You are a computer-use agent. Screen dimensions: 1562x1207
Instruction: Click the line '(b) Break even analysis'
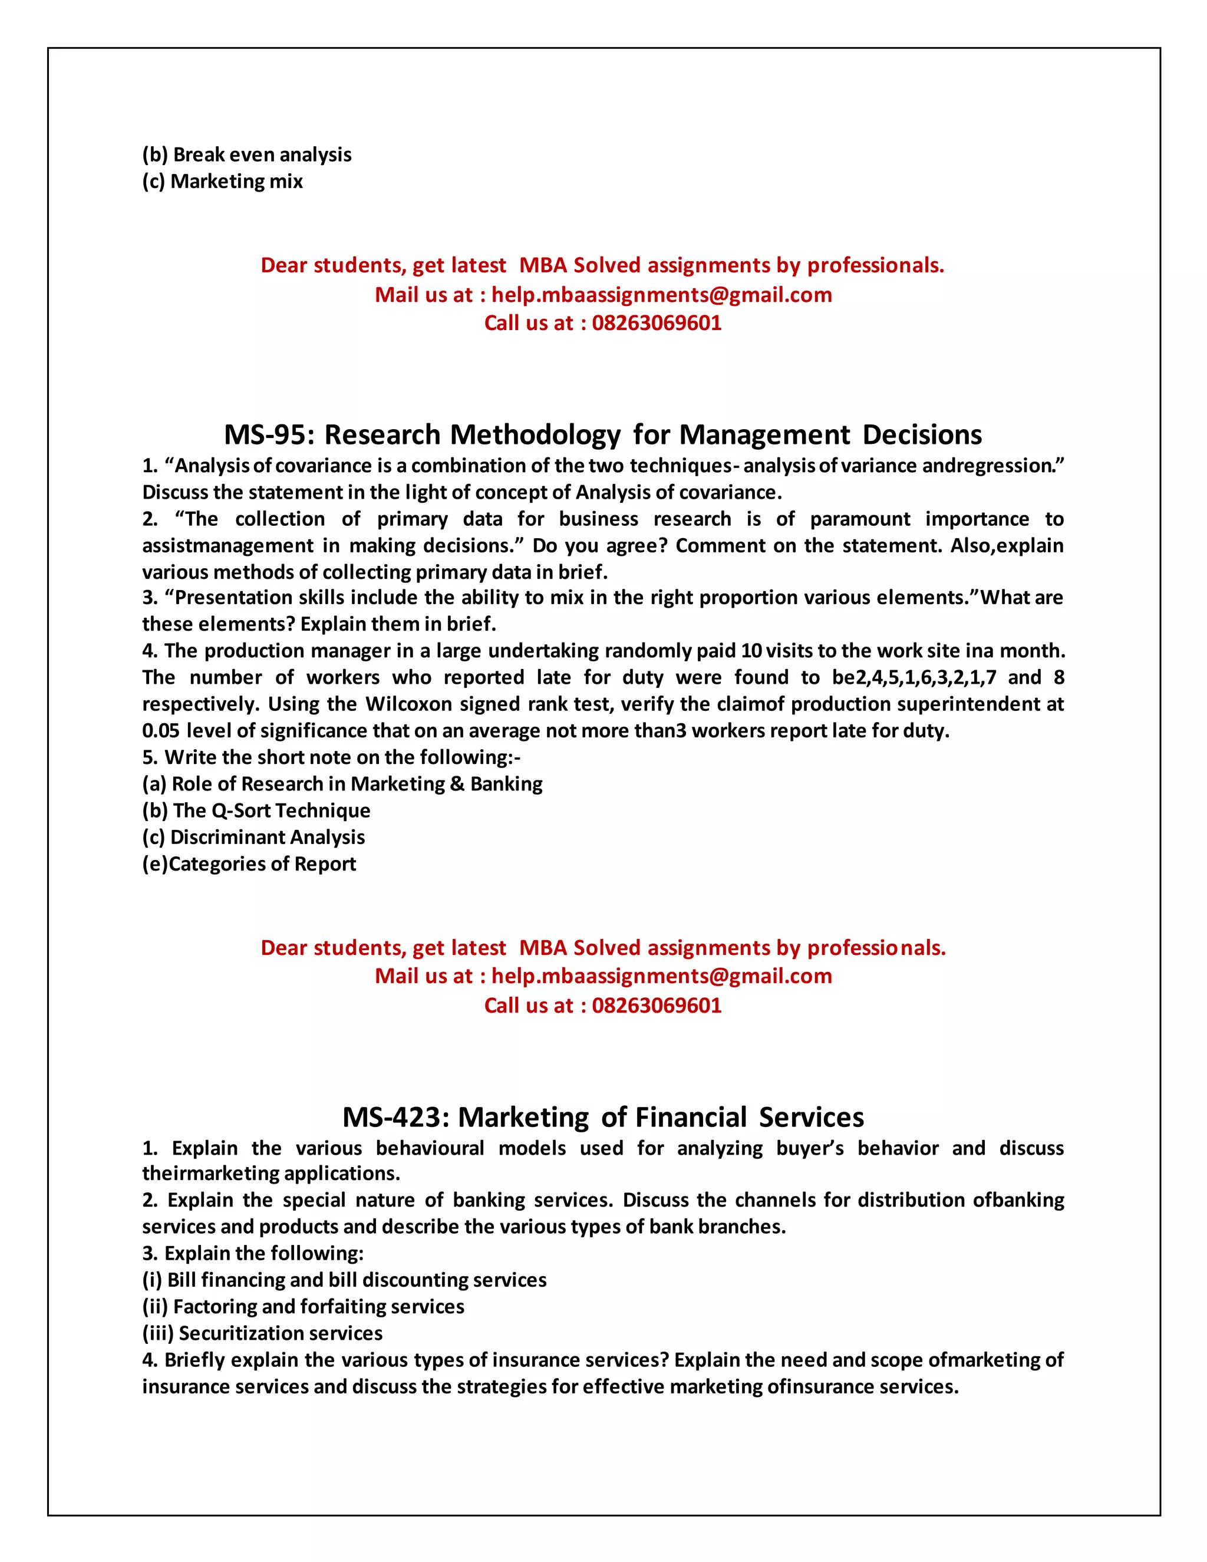(x=247, y=154)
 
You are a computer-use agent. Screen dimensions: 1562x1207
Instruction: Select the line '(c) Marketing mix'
(x=222, y=181)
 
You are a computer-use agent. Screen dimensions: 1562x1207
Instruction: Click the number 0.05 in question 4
(x=161, y=730)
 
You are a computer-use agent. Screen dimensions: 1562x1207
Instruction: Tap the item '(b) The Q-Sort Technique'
(x=256, y=810)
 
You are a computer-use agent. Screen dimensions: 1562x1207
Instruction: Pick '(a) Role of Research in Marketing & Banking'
(x=342, y=784)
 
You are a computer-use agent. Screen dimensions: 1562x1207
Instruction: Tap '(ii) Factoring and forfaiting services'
(x=303, y=1307)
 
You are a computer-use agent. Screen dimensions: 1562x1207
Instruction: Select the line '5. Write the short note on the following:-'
(x=331, y=757)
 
